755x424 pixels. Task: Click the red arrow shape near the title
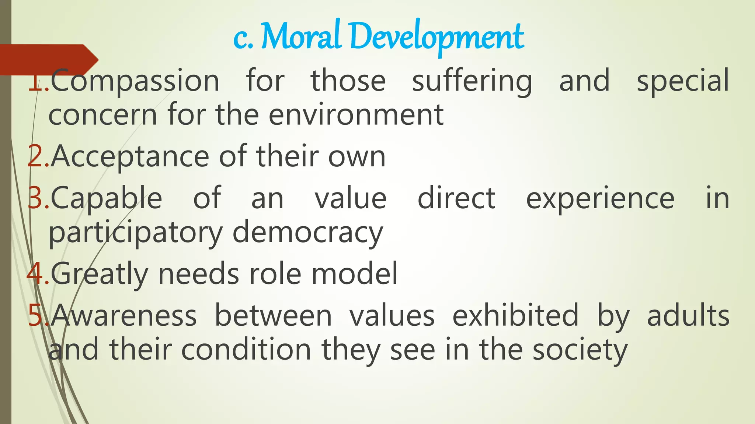coord(48,59)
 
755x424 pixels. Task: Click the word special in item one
coord(683,81)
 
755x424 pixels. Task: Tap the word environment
coord(356,115)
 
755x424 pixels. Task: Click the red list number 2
coord(36,157)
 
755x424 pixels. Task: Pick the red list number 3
coord(36,199)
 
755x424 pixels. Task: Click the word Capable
coord(106,199)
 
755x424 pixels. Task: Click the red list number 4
coord(36,275)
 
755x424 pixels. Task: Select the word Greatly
coord(99,275)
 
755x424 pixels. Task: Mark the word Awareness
coord(124,316)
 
